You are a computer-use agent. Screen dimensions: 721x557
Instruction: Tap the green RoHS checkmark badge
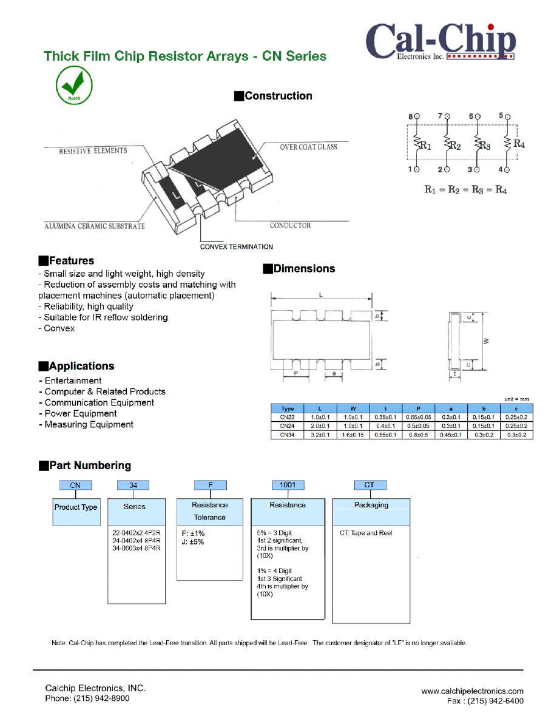74,87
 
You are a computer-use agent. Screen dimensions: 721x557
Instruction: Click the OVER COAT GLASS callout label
308,147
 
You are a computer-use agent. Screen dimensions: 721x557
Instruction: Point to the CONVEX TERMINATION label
237,247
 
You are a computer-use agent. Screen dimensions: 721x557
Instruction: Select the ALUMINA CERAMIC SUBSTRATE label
95,226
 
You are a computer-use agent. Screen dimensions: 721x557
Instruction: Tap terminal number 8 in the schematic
410,116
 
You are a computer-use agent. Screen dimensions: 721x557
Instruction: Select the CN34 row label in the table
287,435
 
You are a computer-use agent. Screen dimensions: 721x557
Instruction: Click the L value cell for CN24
320,426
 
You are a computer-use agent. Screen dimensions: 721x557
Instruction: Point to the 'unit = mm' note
517,399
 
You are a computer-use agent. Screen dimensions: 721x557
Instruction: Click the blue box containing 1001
288,485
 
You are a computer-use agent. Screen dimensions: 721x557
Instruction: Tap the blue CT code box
370,485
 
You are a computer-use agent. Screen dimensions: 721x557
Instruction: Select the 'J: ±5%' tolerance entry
193,542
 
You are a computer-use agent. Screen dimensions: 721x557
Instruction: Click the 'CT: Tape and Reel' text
366,533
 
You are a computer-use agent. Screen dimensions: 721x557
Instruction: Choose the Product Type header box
76,507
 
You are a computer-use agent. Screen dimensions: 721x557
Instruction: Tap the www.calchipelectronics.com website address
472,691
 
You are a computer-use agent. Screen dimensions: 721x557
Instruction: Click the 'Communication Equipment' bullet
99,402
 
